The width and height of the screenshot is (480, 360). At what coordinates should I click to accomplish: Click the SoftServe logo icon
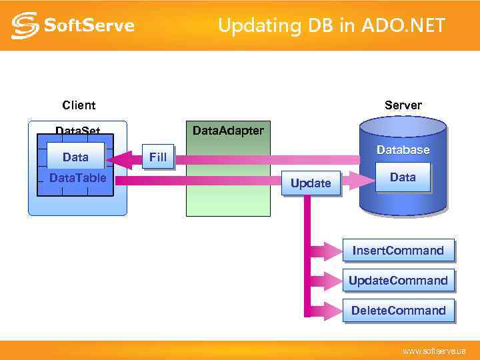(25, 25)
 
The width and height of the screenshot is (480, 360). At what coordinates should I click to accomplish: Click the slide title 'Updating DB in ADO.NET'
(331, 26)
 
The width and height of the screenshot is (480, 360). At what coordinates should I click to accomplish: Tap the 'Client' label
(79, 105)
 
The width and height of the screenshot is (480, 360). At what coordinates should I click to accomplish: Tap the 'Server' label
(403, 105)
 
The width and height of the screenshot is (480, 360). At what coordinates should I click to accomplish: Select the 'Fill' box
(157, 157)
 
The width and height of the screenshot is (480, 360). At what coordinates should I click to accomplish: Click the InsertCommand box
(398, 251)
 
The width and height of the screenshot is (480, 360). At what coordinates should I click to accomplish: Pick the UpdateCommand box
(398, 281)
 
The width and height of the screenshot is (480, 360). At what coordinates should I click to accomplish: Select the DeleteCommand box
(398, 311)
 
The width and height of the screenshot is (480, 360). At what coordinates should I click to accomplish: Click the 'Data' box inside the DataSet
(75, 157)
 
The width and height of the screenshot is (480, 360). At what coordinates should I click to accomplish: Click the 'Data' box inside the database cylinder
(403, 177)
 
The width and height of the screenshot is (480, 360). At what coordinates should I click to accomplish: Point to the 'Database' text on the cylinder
(403, 150)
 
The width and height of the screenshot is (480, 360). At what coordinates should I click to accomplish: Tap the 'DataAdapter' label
(227, 130)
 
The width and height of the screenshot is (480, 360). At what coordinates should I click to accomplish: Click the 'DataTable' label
(77, 178)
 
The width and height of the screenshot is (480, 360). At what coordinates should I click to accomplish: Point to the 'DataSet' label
(77, 131)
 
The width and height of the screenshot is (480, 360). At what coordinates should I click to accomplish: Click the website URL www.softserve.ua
(433, 351)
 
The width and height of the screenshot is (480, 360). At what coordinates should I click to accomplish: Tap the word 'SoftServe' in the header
(89, 26)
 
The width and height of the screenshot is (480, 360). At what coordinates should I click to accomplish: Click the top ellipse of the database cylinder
(402, 126)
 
